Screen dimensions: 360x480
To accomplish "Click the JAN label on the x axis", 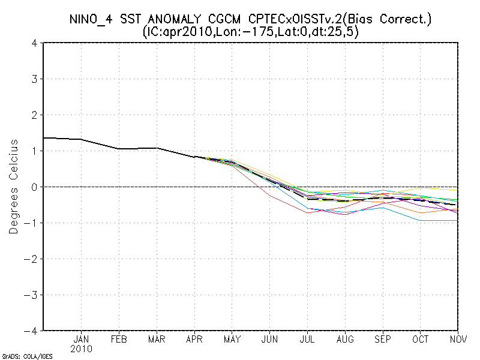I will (x=81, y=339).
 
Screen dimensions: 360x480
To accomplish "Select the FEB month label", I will (x=119, y=339).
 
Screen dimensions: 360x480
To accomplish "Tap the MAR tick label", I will (x=157, y=339).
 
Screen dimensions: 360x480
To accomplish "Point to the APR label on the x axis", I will (x=194, y=339).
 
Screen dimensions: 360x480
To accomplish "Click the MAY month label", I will (x=232, y=339).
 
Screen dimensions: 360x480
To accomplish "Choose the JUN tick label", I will (x=270, y=339).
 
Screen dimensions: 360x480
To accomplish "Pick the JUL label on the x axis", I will (x=308, y=339).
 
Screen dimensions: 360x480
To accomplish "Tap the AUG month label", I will (x=346, y=339).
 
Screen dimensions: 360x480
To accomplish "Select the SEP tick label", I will (x=383, y=339).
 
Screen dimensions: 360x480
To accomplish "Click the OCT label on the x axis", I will (x=421, y=339).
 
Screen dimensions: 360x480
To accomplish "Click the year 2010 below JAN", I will (x=81, y=349).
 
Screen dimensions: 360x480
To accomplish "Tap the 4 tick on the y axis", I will (x=35, y=43).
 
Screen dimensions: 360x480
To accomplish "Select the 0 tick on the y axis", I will (x=35, y=187).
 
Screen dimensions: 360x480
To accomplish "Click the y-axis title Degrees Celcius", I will (x=14, y=187).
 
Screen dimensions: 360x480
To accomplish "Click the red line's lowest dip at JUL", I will (x=308, y=212).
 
